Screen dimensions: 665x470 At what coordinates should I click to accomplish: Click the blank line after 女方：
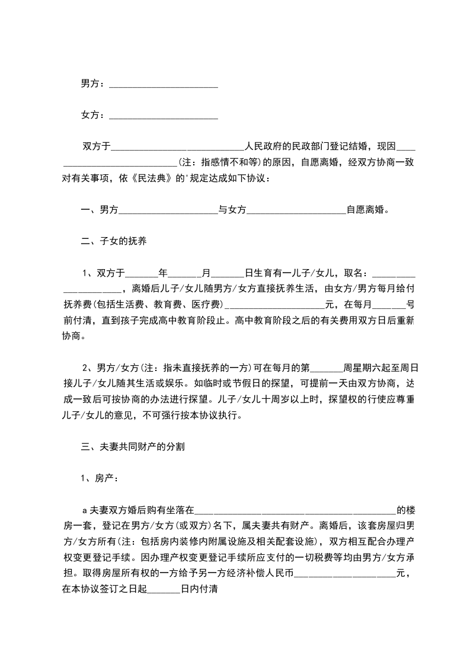[164, 115]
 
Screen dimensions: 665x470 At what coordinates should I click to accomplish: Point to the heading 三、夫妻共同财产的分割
[133, 446]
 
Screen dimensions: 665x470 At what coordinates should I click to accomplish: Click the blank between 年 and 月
[186, 273]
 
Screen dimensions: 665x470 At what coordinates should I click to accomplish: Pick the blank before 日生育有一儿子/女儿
[228, 273]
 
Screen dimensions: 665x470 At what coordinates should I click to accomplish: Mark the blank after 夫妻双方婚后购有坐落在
[295, 510]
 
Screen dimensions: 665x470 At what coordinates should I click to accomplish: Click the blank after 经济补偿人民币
[344, 574]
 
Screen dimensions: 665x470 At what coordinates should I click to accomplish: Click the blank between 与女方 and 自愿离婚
[296, 210]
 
